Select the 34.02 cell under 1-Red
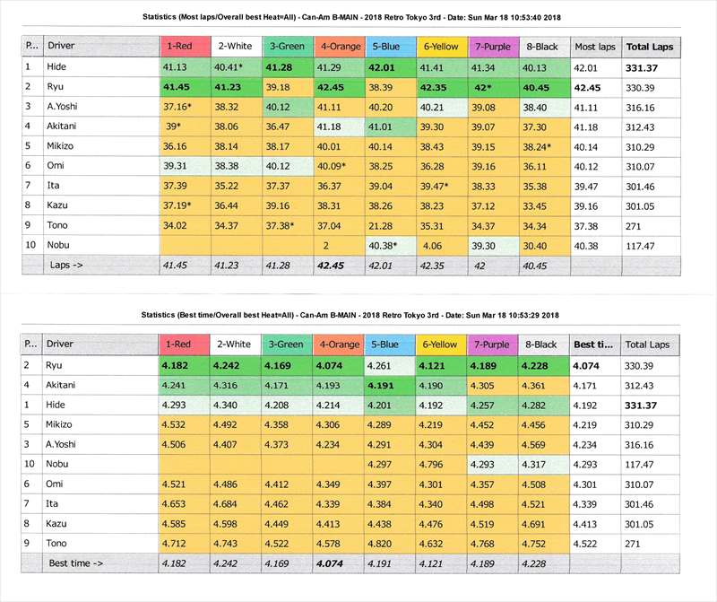pos(176,225)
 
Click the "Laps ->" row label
pos(66,265)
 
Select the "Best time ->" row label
pos(75,563)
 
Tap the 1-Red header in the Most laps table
pos(180,46)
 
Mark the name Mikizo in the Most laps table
pos(63,145)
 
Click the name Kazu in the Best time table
pos(58,523)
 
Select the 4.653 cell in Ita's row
pos(176,503)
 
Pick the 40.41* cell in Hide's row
pos(231,66)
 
